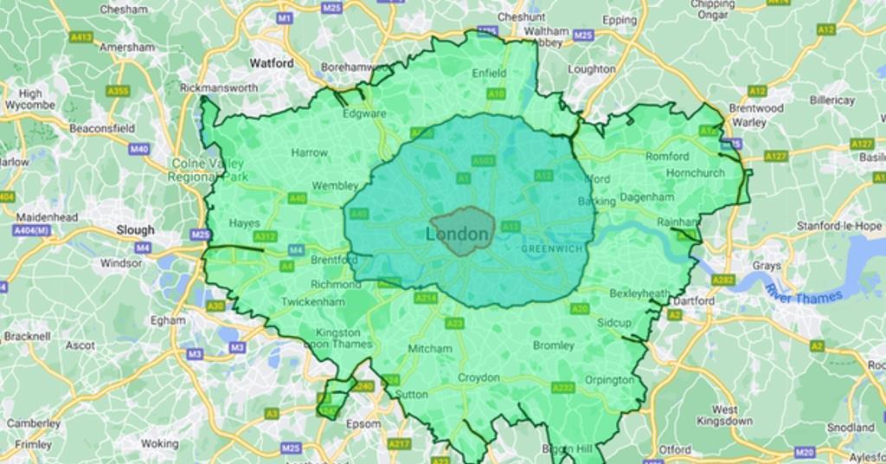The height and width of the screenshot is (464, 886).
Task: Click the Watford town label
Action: tap(272, 63)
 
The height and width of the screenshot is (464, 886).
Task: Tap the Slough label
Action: tap(136, 230)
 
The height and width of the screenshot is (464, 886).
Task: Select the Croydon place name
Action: tap(478, 378)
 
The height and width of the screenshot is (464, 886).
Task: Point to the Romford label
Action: tap(667, 157)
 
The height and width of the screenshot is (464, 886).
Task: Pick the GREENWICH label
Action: tap(553, 249)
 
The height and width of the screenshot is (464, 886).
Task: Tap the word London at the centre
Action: tap(458, 235)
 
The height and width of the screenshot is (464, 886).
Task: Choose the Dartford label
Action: tap(694, 301)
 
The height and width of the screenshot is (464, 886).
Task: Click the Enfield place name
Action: tap(489, 74)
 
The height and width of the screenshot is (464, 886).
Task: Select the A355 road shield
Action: tap(118, 91)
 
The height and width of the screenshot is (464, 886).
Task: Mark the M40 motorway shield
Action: tap(139, 149)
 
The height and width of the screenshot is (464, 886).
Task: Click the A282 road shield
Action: tap(723, 280)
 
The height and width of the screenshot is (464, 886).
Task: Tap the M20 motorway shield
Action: tap(805, 452)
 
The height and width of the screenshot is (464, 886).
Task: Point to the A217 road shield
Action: tap(399, 444)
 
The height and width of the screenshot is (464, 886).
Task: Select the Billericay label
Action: tap(831, 100)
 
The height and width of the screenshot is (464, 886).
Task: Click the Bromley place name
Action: tap(554, 345)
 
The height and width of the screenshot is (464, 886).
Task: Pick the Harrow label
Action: tap(309, 153)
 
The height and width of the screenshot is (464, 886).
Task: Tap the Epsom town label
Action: tap(363, 424)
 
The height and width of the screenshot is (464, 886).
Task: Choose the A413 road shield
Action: tap(81, 37)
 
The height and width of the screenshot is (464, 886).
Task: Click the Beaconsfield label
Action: tap(102, 128)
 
